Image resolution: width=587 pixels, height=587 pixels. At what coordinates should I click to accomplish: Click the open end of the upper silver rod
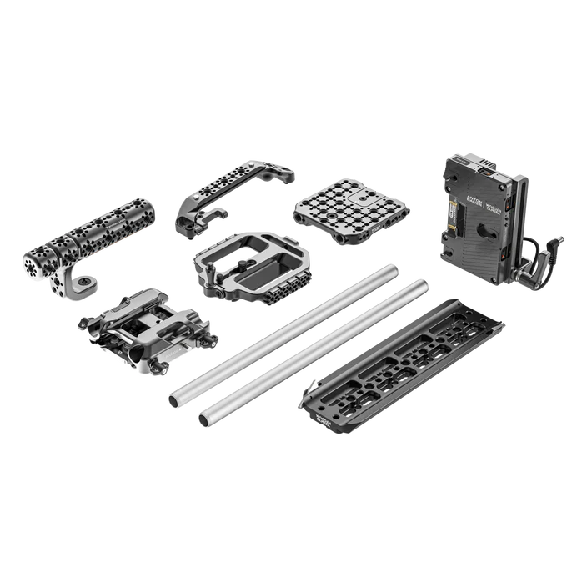click(x=173, y=399)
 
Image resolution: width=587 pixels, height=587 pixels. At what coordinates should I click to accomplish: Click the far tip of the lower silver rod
click(x=426, y=285)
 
